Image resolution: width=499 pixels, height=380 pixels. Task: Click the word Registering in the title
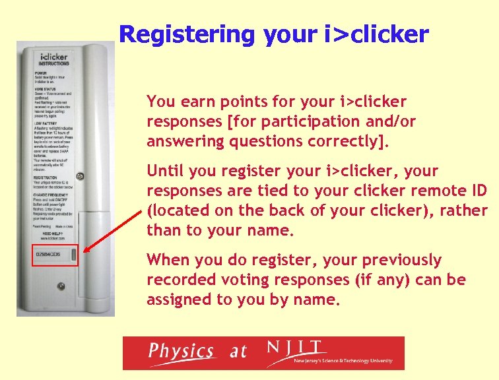pyautogui.click(x=187, y=34)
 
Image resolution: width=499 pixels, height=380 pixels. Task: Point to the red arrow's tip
pyautogui.click(x=80, y=255)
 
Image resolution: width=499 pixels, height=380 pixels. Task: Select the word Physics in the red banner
pyautogui.click(x=180, y=351)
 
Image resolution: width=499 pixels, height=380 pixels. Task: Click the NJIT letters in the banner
pyautogui.click(x=296, y=348)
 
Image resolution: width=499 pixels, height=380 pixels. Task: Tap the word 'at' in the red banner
pyautogui.click(x=238, y=352)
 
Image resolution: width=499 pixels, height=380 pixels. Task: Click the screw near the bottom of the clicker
pyautogui.click(x=61, y=286)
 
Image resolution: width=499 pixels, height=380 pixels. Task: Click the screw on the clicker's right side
pyautogui.click(x=80, y=177)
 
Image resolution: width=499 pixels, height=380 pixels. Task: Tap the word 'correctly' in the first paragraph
pyautogui.click(x=345, y=141)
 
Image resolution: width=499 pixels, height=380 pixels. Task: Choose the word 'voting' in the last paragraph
pyautogui.click(x=232, y=280)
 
